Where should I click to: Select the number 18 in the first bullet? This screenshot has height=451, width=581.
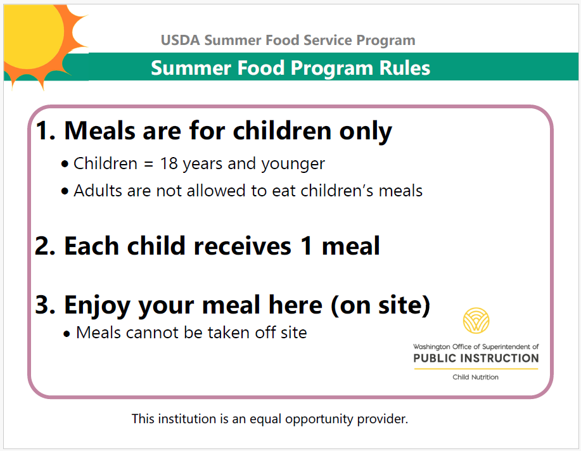point(169,163)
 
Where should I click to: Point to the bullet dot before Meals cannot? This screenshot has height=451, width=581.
point(67,334)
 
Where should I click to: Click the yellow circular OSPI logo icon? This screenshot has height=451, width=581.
point(476,321)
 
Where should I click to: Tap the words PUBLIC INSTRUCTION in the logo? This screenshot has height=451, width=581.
point(476,359)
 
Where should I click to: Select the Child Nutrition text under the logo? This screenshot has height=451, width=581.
point(475,377)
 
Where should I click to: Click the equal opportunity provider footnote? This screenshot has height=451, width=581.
point(270,419)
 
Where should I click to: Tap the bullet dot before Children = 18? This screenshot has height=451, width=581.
point(65,165)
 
